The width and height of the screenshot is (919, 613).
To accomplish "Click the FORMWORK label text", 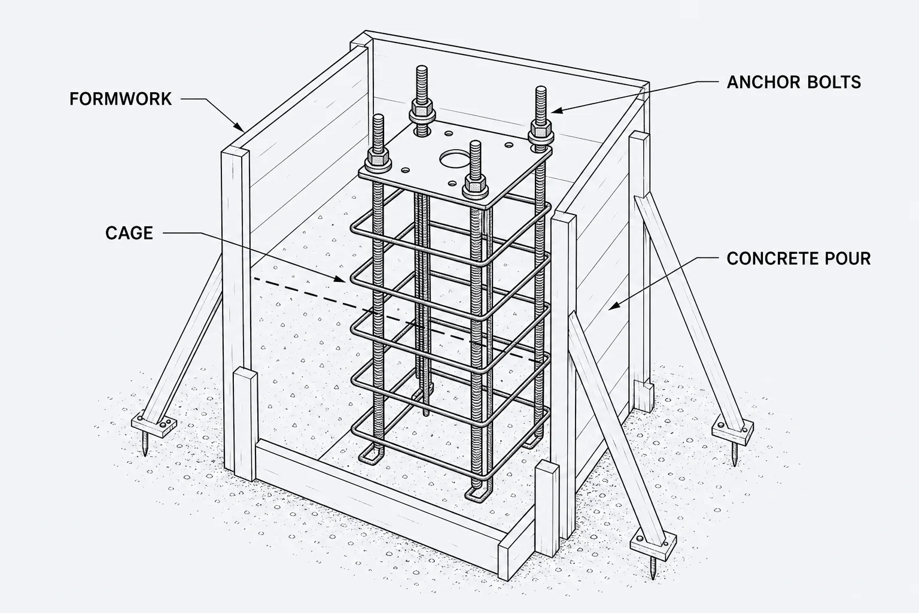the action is [121, 99].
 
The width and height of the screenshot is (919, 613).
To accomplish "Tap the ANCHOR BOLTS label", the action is [794, 82].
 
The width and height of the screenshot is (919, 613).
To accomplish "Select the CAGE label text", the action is [129, 233].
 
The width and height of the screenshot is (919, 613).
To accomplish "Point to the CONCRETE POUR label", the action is [798, 258].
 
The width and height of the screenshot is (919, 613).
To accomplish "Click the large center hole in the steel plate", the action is [454, 159].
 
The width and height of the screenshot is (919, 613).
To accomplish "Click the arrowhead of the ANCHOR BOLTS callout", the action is [556, 110].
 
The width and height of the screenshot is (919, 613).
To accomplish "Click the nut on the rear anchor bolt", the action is [422, 109].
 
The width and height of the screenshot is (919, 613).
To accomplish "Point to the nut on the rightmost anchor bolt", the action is [541, 129].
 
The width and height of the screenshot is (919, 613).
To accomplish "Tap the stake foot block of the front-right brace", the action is [653, 545].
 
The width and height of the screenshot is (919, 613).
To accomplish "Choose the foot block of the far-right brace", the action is [732, 433].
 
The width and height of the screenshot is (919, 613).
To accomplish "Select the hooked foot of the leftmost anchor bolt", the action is [372, 457].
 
